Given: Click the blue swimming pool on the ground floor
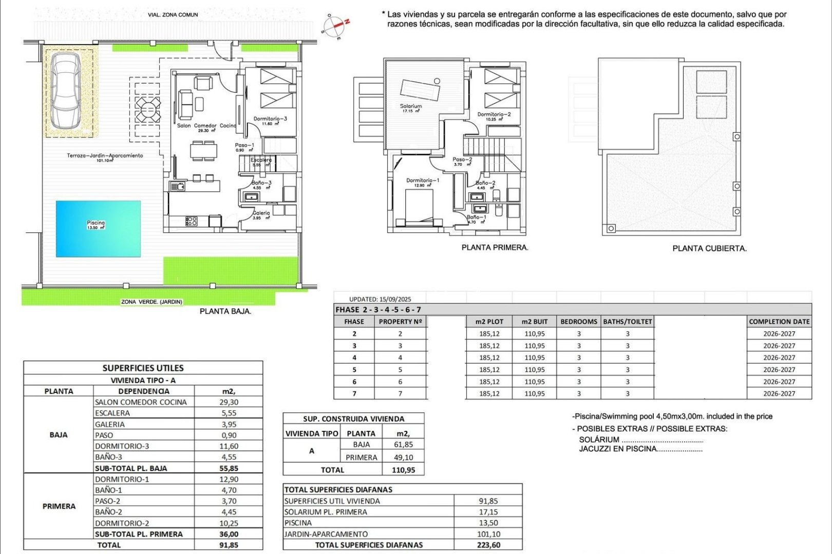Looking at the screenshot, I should click(x=98, y=229).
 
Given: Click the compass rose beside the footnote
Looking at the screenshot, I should click(x=335, y=26).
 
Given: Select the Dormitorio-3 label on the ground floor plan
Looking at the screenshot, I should click(x=270, y=119).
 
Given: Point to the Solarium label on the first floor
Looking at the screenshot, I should click(x=411, y=107).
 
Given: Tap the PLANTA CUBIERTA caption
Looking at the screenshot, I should click(x=709, y=248).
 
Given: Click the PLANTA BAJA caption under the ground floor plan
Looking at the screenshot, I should click(x=225, y=311).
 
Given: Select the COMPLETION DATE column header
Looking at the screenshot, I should click(x=779, y=322).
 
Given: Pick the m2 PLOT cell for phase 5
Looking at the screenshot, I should click(x=489, y=369).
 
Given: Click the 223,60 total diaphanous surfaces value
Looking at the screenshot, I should click(x=488, y=545).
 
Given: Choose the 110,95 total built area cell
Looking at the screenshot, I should click(x=403, y=470).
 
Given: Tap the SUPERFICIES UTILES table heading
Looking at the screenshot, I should click(x=143, y=368).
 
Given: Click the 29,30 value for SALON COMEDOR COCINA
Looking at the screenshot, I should click(x=229, y=402).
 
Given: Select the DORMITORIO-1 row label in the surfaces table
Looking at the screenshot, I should click(x=122, y=479).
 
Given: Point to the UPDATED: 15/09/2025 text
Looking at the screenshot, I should click(x=380, y=299).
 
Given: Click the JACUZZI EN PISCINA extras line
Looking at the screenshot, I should click(x=640, y=449).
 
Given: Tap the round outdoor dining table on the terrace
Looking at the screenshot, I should click(x=147, y=109).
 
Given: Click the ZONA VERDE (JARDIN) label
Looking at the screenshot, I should click(x=152, y=302).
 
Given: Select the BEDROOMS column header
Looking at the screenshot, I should click(x=578, y=322).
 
